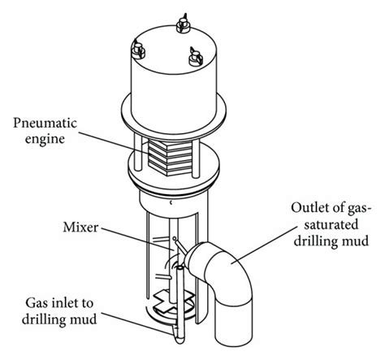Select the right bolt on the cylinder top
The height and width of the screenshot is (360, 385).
(196, 57)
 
